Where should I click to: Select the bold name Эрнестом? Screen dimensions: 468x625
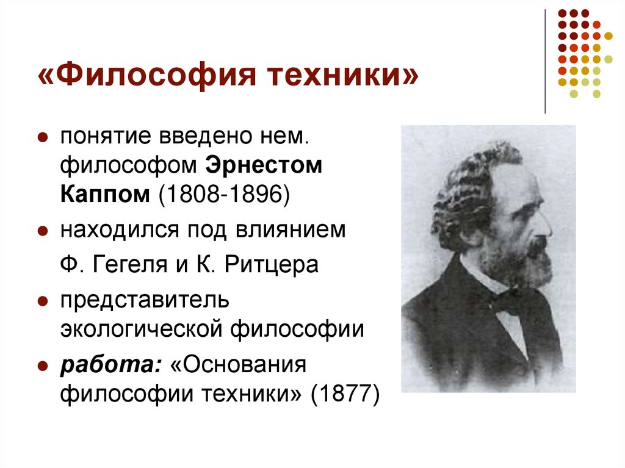click(263, 166)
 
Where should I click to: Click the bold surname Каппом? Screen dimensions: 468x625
click(105, 195)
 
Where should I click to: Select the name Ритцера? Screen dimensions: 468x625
click(272, 265)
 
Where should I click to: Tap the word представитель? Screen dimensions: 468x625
click(144, 301)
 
